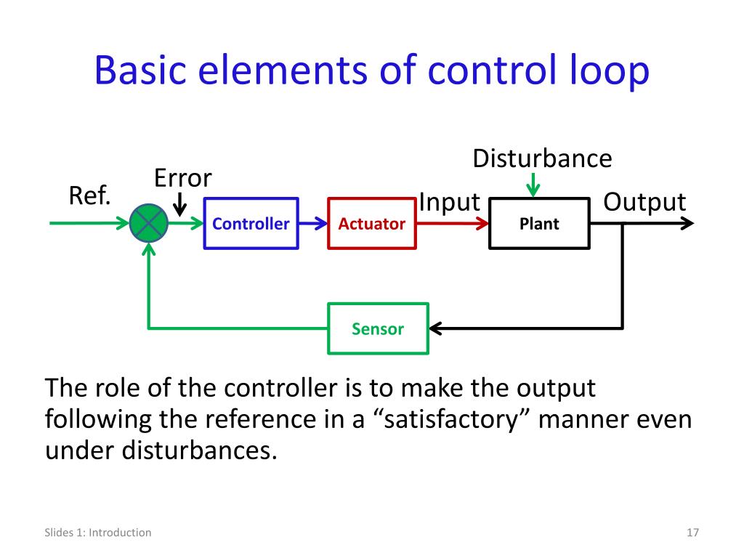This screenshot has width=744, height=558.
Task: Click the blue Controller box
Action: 251,224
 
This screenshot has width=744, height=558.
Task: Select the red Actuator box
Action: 371,224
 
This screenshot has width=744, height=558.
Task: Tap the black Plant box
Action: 539,224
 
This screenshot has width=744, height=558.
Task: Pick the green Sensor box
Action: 378,328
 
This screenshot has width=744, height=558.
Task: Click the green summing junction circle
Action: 149,224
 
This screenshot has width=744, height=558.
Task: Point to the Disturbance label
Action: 542,158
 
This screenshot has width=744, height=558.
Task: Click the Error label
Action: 182,177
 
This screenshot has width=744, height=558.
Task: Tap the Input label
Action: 450,202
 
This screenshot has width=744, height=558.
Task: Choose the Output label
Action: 644,202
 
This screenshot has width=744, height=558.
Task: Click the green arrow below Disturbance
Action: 534,185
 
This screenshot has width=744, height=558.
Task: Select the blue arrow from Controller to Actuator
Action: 313,224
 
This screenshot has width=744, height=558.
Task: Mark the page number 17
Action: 692,533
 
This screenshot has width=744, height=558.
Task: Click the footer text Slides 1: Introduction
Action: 97,533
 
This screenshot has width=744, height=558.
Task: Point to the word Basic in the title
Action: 141,73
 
